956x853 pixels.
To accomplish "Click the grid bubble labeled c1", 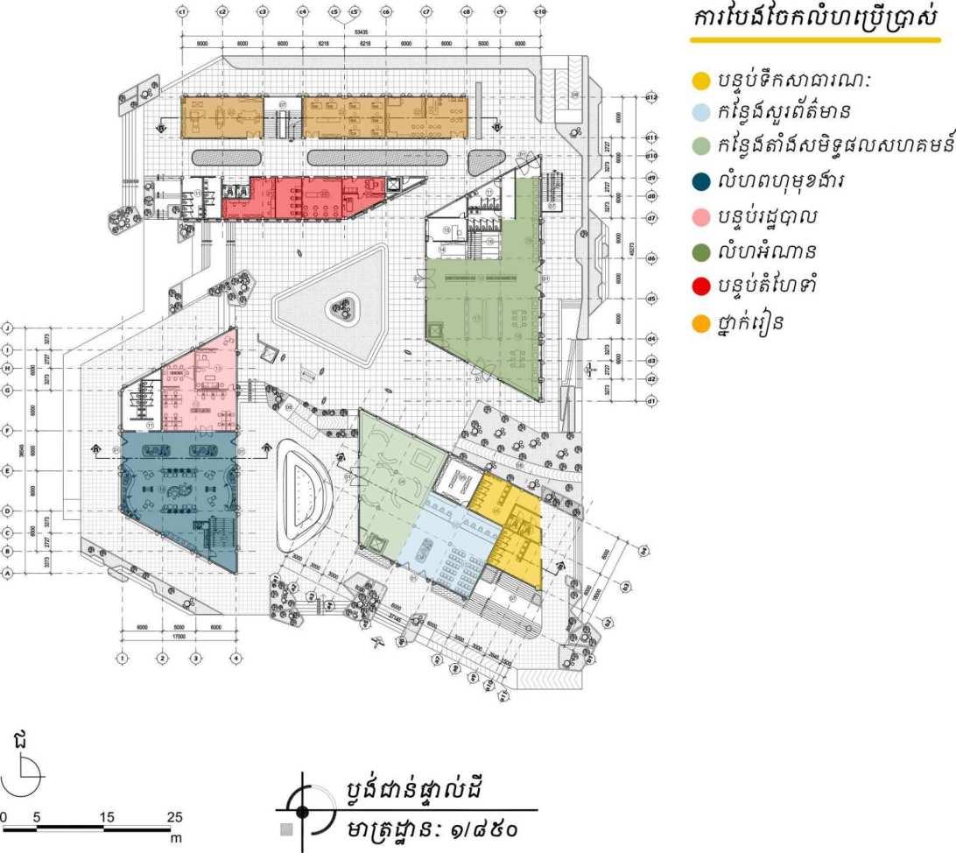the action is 182,11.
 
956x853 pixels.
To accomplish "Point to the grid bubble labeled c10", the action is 540,11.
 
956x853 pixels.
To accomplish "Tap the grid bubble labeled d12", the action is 651,97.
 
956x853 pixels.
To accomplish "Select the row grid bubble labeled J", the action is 8,328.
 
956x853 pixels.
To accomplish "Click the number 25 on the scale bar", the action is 175,817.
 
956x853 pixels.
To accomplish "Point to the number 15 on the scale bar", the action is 107,817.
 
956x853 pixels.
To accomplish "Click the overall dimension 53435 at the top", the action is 361,31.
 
